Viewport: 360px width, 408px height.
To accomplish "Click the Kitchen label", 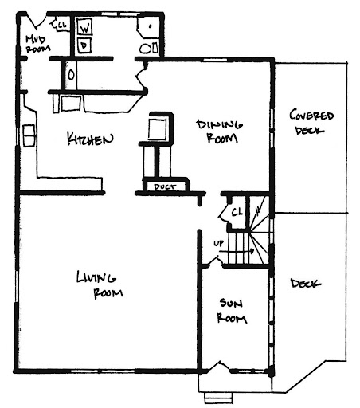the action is point(90,139).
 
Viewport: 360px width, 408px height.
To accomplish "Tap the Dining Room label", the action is point(220,131).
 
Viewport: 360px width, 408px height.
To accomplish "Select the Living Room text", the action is point(100,284).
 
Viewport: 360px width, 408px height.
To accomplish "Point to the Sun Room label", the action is point(232,311).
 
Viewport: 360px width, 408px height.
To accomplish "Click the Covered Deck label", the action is point(311,122).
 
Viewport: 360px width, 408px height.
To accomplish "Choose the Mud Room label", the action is point(37,44).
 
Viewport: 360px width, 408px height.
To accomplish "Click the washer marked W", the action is point(84,27).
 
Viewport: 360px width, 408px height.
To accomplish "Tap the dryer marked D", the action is point(84,45).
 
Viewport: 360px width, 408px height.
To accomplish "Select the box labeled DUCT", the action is point(166,186).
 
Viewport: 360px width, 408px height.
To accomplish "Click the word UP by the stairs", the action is point(218,243).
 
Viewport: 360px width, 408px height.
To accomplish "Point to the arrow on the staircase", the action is point(239,251).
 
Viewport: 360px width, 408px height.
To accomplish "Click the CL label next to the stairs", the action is point(237,212).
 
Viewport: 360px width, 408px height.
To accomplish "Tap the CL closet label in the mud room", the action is point(61,25).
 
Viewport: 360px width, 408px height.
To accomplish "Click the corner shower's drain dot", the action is point(151,26).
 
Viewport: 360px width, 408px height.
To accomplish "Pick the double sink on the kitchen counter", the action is point(29,135).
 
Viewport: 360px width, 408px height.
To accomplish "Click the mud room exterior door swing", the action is point(37,22).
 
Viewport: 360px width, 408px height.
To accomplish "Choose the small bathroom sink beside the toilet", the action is point(155,49).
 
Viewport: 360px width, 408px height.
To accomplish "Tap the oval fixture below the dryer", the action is point(71,75).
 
